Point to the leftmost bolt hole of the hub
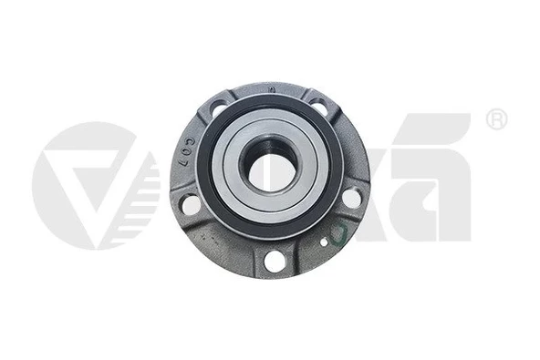(x=191, y=203)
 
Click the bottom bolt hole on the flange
(x=273, y=261)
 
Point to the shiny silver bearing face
(x=228, y=169)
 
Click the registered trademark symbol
(x=495, y=120)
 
